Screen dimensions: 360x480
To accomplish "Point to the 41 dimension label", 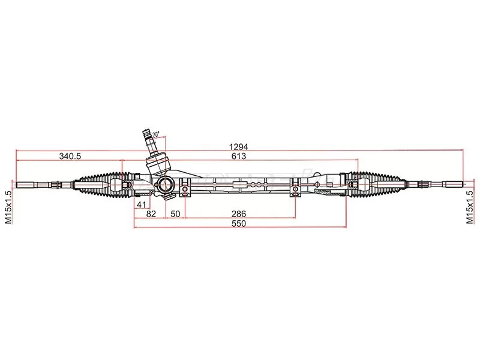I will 142,205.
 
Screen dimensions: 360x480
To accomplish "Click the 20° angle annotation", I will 156,134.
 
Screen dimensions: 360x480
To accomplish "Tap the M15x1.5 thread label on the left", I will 8,207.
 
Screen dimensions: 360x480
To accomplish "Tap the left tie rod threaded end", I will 26,184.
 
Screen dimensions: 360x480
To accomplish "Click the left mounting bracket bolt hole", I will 185,191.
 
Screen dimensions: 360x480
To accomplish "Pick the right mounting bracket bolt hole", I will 295,191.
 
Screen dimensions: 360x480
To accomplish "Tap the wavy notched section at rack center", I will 254,187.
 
